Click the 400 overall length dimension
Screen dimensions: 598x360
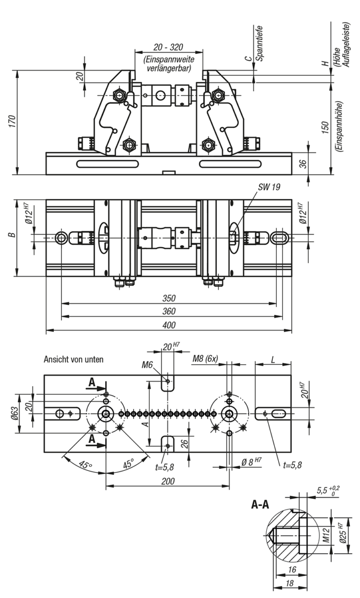(x=168, y=325)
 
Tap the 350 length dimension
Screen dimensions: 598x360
(x=168, y=299)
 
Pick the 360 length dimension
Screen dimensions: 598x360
(x=168, y=311)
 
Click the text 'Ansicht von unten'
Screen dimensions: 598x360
(x=74, y=359)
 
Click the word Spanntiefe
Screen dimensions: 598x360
(x=259, y=42)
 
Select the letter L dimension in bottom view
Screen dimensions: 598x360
(x=273, y=359)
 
